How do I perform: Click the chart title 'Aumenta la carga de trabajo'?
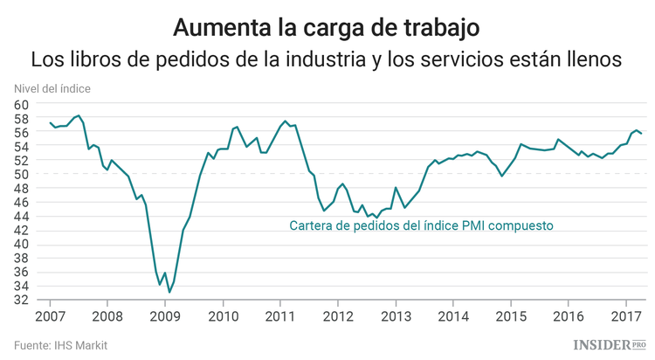pos(327,26)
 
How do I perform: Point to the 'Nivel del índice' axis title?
pos(52,88)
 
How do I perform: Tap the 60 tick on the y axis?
pos(22,104)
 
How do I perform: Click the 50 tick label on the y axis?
pos(22,174)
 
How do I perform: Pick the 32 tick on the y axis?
pos(22,300)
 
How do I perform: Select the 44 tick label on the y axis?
pos(22,216)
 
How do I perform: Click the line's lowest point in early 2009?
pos(169,292)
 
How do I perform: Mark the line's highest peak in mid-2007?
pos(79,115)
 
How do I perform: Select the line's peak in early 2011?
pos(286,121)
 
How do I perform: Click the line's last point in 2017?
pos(642,134)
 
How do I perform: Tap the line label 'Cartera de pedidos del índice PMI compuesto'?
pos(422,225)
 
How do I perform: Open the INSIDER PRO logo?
pos(607,345)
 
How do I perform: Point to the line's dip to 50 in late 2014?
pos(501,176)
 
